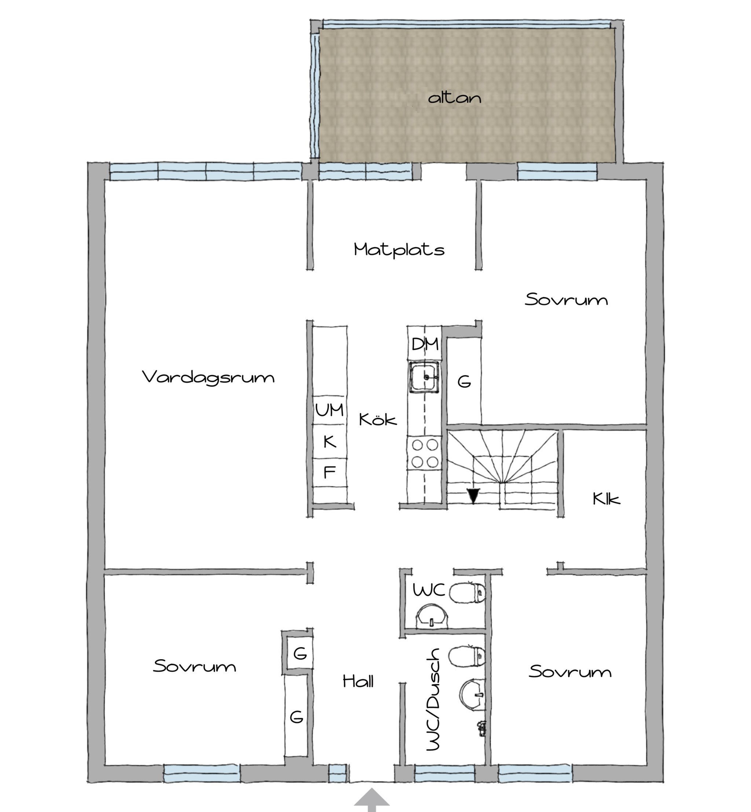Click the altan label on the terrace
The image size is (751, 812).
click(454, 98)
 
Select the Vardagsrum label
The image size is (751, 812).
click(208, 377)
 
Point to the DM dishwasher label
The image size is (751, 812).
click(425, 344)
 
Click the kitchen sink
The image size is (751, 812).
click(425, 377)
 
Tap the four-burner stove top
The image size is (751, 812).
click(425, 454)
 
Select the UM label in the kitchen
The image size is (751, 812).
click(330, 410)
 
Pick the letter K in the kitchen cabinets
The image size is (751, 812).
click(330, 441)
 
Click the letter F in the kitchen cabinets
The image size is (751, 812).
click(329, 472)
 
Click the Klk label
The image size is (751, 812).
click(606, 499)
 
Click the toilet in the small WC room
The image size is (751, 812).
click(467, 593)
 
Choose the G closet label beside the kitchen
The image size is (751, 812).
click(464, 382)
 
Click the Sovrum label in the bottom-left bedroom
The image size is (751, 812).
click(194, 666)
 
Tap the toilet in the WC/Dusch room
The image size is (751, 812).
click(467, 657)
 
